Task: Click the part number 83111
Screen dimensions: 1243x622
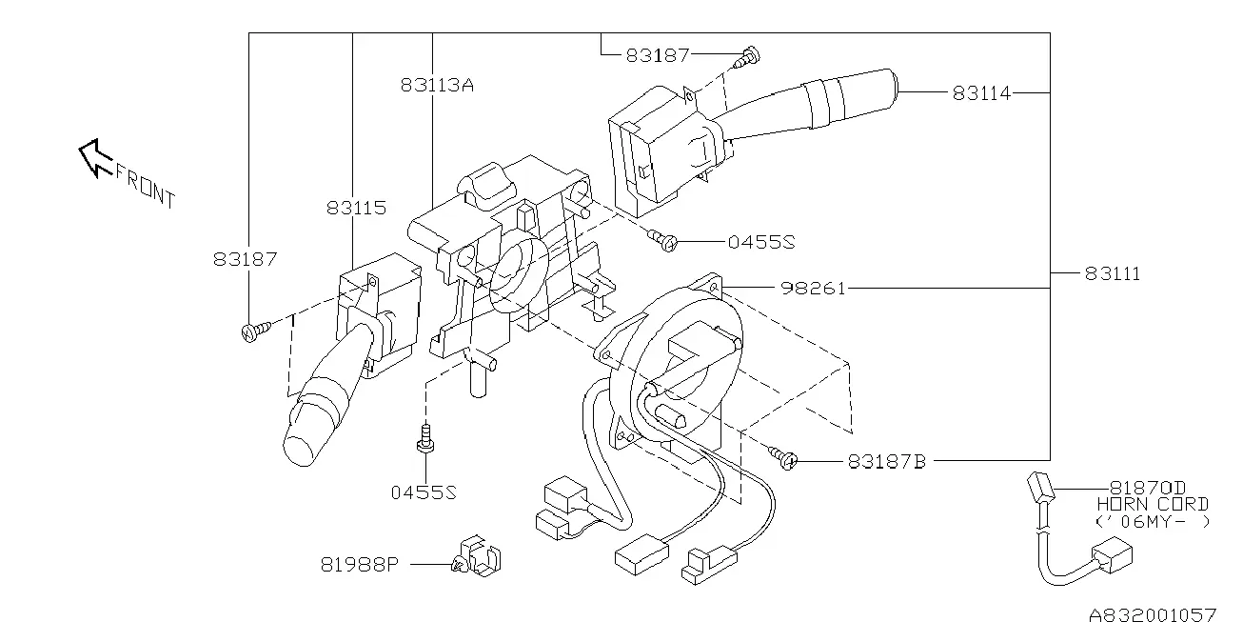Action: (1112, 273)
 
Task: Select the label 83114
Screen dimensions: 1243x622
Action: (981, 93)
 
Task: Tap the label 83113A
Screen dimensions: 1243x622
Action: (437, 85)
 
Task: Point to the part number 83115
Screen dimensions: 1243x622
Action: (356, 208)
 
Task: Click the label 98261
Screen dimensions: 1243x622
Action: (813, 289)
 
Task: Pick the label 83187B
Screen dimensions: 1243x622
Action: (887, 462)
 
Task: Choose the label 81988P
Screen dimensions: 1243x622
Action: (360, 565)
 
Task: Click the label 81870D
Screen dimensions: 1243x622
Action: (1147, 488)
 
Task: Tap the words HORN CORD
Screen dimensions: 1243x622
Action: (1153, 504)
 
